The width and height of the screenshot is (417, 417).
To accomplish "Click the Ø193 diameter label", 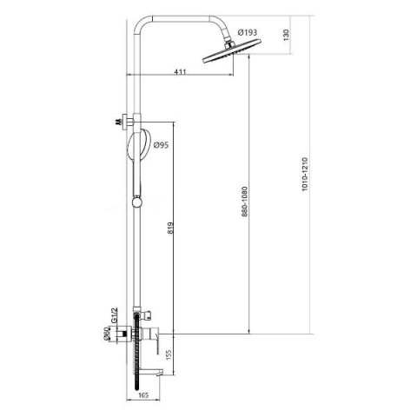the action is pos(247,32).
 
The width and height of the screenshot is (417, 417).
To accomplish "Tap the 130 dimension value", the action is pos(286,35).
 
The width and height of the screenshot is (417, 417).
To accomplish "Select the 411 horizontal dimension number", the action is pos(180,71).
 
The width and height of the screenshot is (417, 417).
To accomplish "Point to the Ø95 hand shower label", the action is pos(161,144).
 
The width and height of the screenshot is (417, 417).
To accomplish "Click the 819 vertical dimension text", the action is pos(170,228).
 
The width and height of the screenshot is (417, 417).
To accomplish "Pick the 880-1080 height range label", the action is pos(245,202).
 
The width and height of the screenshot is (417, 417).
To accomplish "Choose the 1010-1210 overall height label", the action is pos(305,174).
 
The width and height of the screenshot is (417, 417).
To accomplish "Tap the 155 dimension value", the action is pos(169,355).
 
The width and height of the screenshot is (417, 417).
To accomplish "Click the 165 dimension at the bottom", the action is pos(143,395).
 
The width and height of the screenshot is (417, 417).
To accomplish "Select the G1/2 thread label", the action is pos(115,314).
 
